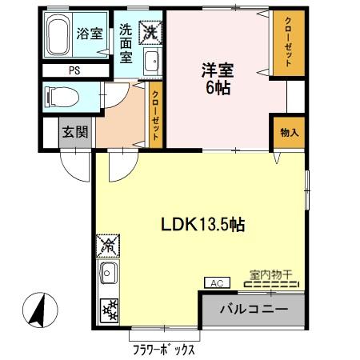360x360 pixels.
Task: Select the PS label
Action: pyautogui.click(x=74, y=70)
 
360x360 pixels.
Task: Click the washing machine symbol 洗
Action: pyautogui.click(x=150, y=30)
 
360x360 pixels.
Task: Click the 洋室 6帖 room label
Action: pyautogui.click(x=217, y=78)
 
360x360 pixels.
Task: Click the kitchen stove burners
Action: pyautogui.click(x=107, y=310)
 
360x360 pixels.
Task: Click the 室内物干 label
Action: pyautogui.click(x=270, y=274)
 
